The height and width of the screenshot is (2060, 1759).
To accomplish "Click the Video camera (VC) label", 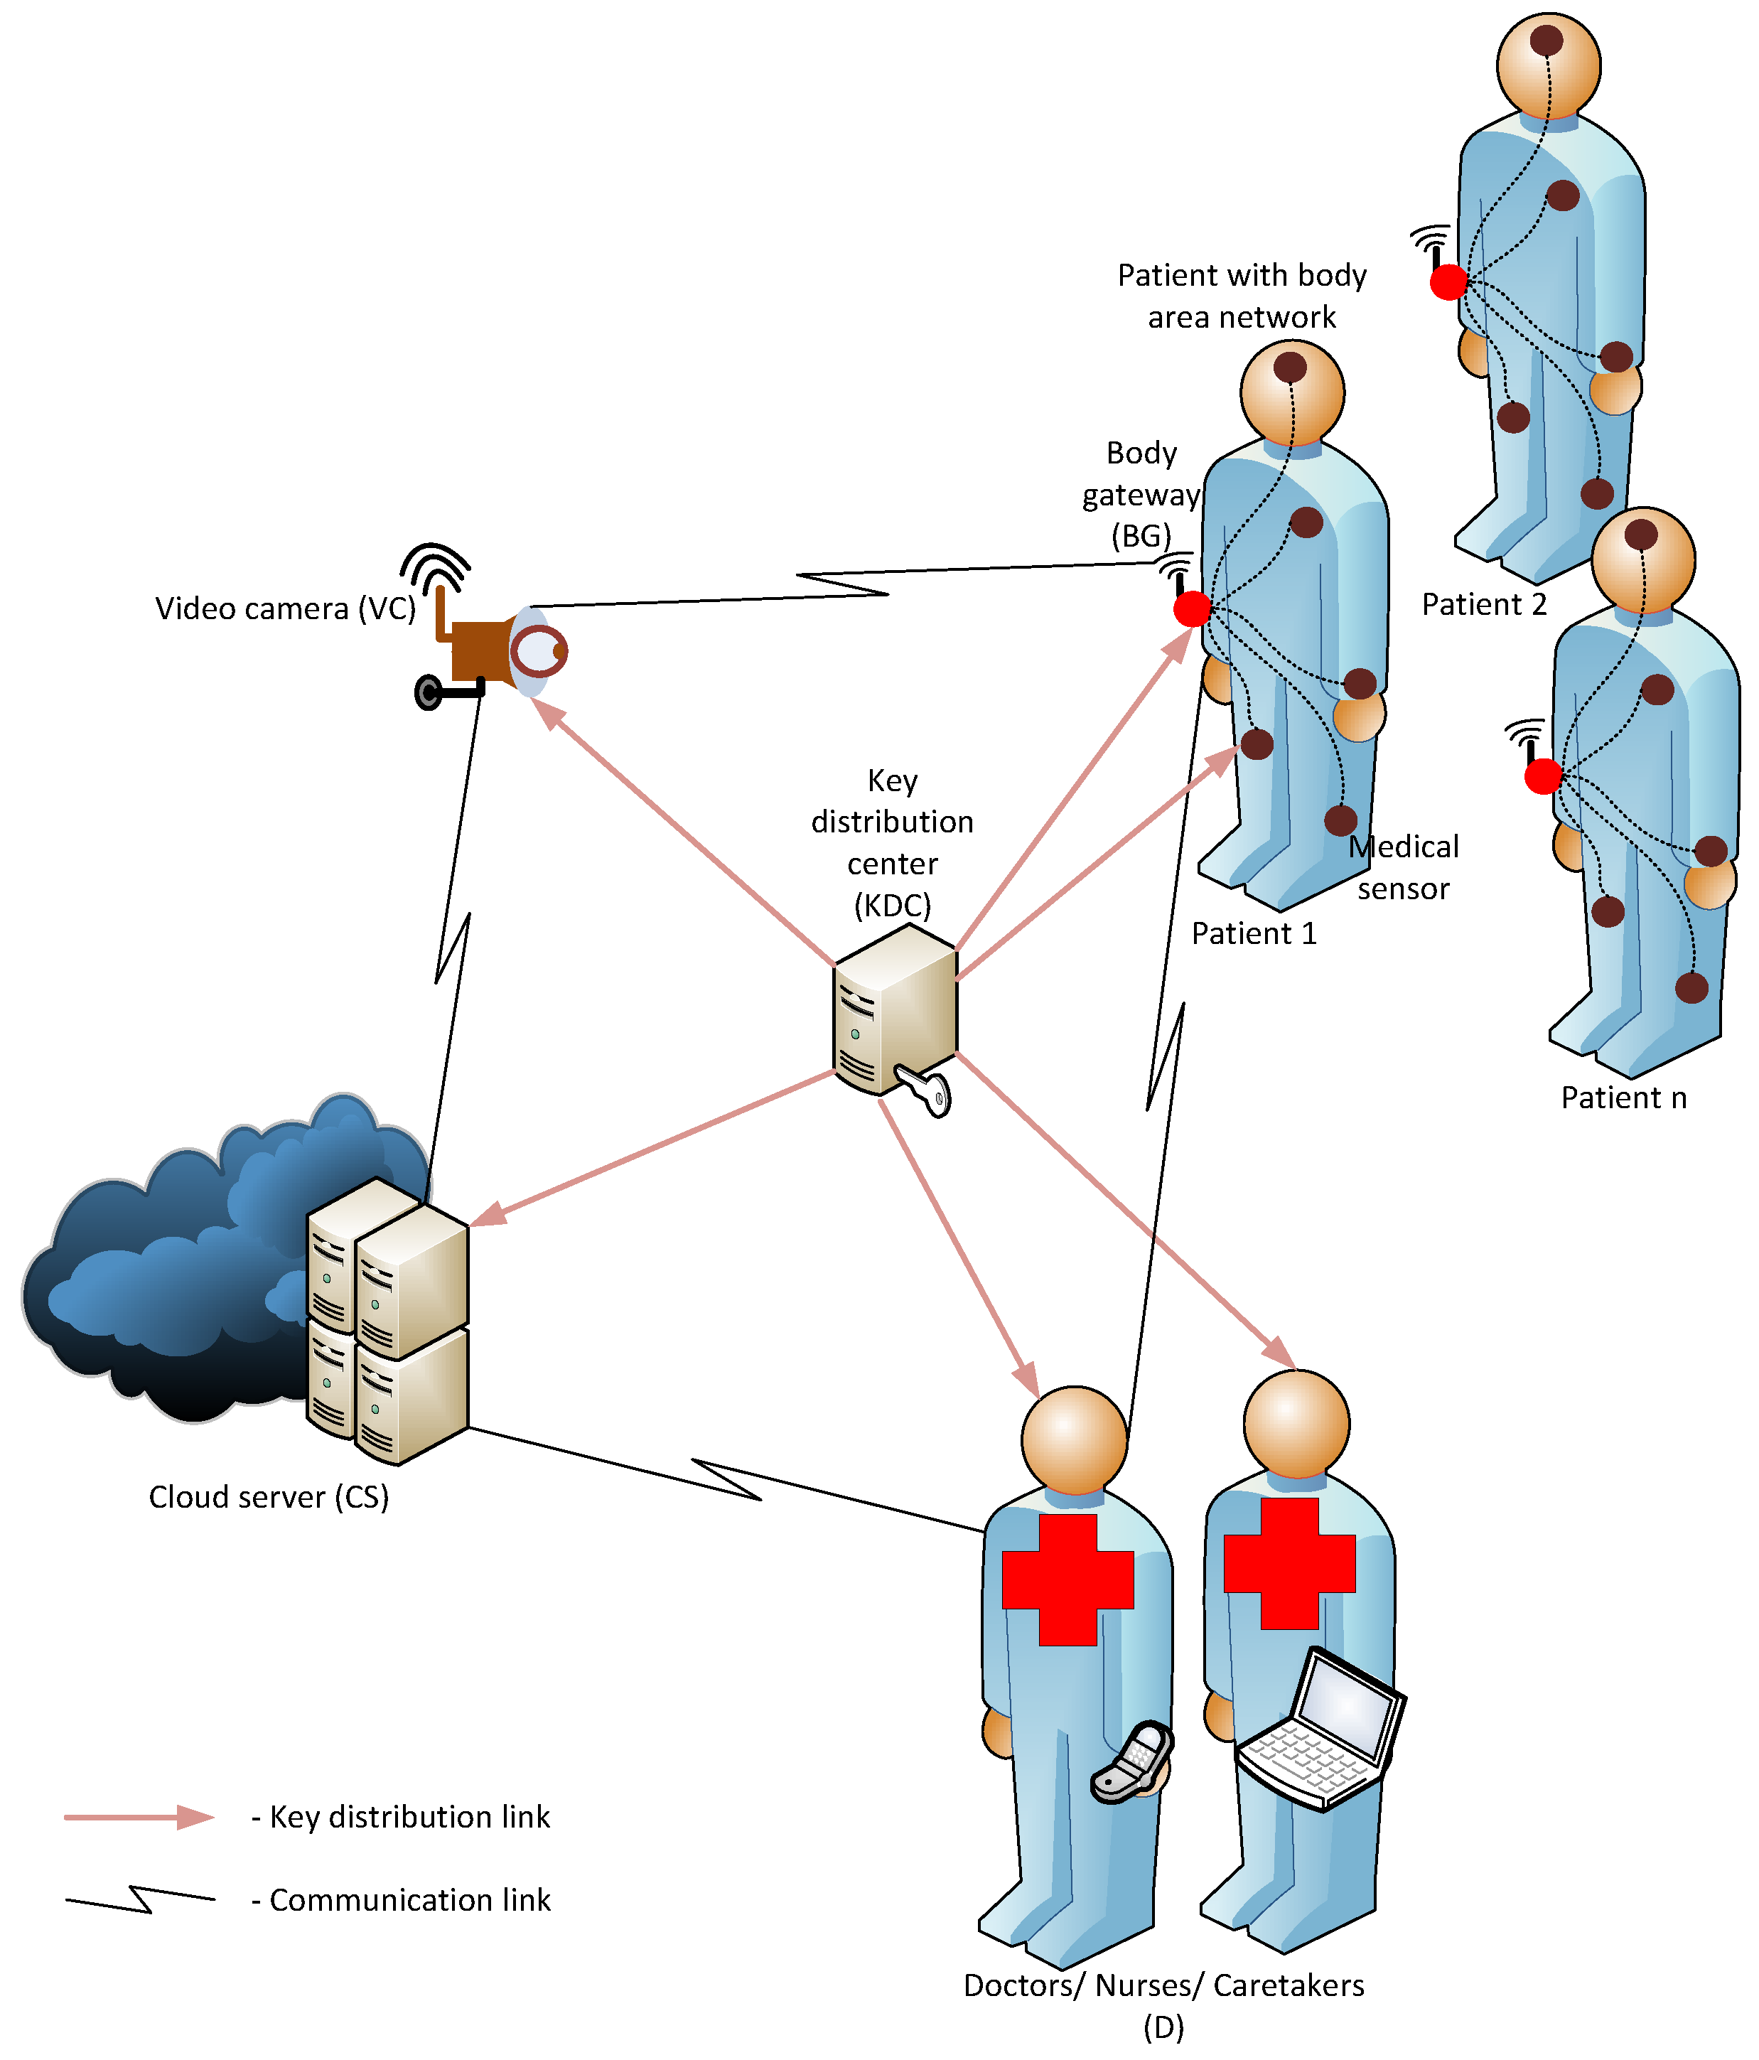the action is [x=285, y=608].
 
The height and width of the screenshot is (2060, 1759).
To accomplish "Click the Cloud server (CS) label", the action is [x=269, y=1496].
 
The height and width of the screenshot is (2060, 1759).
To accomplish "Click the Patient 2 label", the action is [x=1484, y=604].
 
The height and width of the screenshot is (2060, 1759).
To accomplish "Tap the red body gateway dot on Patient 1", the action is [x=1193, y=608].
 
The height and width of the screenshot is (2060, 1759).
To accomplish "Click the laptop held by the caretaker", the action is [x=1320, y=1731].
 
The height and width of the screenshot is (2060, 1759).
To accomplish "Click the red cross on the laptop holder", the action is [x=1289, y=1564].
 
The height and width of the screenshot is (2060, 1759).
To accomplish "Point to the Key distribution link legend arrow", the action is [x=139, y=1818].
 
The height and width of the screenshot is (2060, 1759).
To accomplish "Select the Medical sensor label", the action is [x=1403, y=868].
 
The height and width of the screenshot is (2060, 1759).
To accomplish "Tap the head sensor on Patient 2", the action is [x=1546, y=41].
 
